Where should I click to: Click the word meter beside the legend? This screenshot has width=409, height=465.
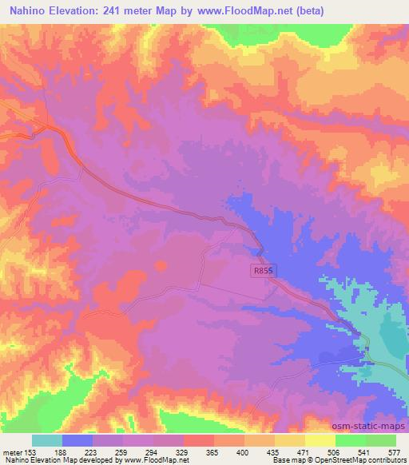[12, 451]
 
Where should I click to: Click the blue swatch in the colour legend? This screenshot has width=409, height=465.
[77, 440]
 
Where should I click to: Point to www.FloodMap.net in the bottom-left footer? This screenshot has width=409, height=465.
[157, 461]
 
